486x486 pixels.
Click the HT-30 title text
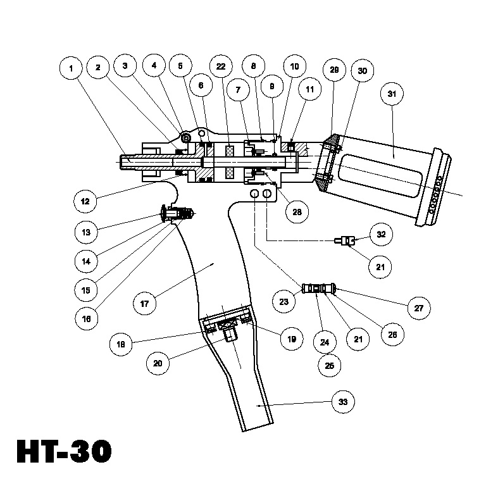pos(63,451)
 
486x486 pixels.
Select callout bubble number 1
pos(72,67)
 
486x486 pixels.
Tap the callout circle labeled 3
pos(125,66)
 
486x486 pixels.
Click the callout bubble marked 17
pos(144,304)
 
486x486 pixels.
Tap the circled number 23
pos(283,302)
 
